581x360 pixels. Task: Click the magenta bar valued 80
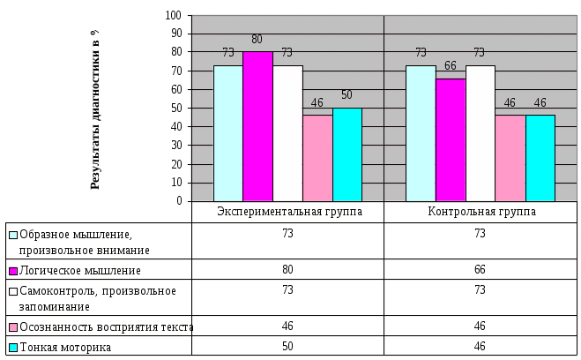pyautogui.click(x=257, y=126)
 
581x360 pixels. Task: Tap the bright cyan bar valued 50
pyautogui.click(x=346, y=154)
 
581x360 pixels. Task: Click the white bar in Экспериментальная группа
pyautogui.click(x=287, y=133)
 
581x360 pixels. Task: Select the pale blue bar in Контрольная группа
pyautogui.click(x=420, y=133)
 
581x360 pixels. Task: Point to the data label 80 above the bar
pyautogui.click(x=257, y=40)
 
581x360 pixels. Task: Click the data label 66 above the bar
pyautogui.click(x=450, y=66)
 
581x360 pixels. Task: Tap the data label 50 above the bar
pyautogui.click(x=347, y=95)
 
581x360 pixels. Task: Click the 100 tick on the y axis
pyautogui.click(x=172, y=16)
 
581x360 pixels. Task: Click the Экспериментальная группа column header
pyautogui.click(x=288, y=212)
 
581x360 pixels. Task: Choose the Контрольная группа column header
pyautogui.click(x=480, y=212)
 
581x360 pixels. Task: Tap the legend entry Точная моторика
pyautogui.click(x=65, y=347)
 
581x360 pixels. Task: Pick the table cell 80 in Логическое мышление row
pyautogui.click(x=288, y=269)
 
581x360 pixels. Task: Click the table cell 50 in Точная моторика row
pyautogui.click(x=288, y=347)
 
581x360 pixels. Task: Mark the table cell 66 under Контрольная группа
pyautogui.click(x=480, y=269)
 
